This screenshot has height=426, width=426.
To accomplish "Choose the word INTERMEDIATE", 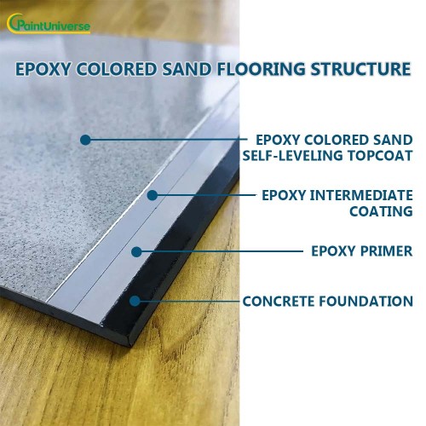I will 364,195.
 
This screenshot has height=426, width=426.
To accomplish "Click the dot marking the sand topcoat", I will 84,139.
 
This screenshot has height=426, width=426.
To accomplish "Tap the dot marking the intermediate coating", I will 153,195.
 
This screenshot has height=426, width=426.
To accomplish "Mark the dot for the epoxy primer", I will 136,250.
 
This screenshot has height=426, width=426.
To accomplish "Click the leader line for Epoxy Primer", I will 222,250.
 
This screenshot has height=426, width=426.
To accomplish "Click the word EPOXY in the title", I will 43,68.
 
